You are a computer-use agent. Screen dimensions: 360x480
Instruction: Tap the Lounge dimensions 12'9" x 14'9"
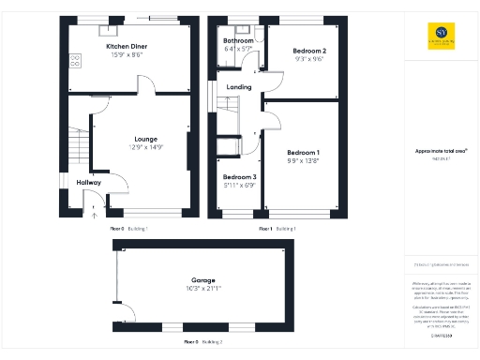tap(145, 147)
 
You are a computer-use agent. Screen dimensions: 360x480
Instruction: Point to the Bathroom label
tap(238, 41)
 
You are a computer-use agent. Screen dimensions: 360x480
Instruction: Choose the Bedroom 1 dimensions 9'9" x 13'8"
tap(303, 160)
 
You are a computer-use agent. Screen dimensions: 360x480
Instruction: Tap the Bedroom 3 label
tap(239, 176)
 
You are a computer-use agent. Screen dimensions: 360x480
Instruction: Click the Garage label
tap(204, 280)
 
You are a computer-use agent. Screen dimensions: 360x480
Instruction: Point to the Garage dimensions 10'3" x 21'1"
tap(204, 289)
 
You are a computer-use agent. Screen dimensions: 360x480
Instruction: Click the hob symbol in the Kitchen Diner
tap(74, 61)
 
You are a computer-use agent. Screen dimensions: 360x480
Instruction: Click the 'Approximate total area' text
tap(441, 151)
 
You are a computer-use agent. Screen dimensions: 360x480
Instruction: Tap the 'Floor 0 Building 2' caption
tap(204, 342)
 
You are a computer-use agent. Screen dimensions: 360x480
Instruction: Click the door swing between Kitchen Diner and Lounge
tap(146, 86)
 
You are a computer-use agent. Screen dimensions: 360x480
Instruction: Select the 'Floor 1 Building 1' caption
tap(277, 228)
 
